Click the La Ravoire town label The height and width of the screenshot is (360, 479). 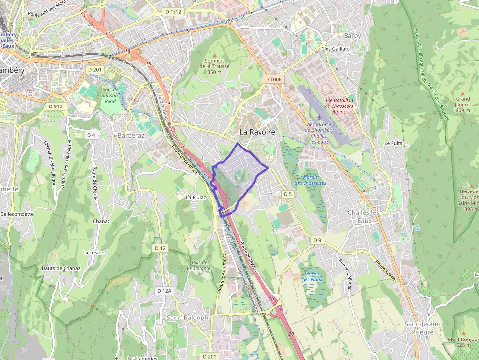[257, 132]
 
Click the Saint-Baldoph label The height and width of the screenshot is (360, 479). [187, 318]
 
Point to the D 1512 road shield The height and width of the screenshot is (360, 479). [173, 11]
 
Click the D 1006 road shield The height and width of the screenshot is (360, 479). [273, 79]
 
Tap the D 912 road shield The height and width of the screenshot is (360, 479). [56, 106]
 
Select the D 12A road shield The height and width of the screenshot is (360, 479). [165, 291]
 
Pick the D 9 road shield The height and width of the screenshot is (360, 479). [318, 240]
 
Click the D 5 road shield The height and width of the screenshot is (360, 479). [288, 194]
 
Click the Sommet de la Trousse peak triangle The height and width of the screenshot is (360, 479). [214, 55]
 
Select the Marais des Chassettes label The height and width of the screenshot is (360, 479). [310, 180]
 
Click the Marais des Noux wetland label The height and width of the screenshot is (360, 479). [312, 276]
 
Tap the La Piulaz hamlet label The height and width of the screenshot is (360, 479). [196, 197]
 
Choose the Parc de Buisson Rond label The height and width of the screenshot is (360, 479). [110, 95]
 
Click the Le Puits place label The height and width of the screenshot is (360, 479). [393, 143]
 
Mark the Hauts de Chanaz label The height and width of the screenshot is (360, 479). [61, 268]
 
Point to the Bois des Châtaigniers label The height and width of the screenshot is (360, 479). [200, 265]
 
